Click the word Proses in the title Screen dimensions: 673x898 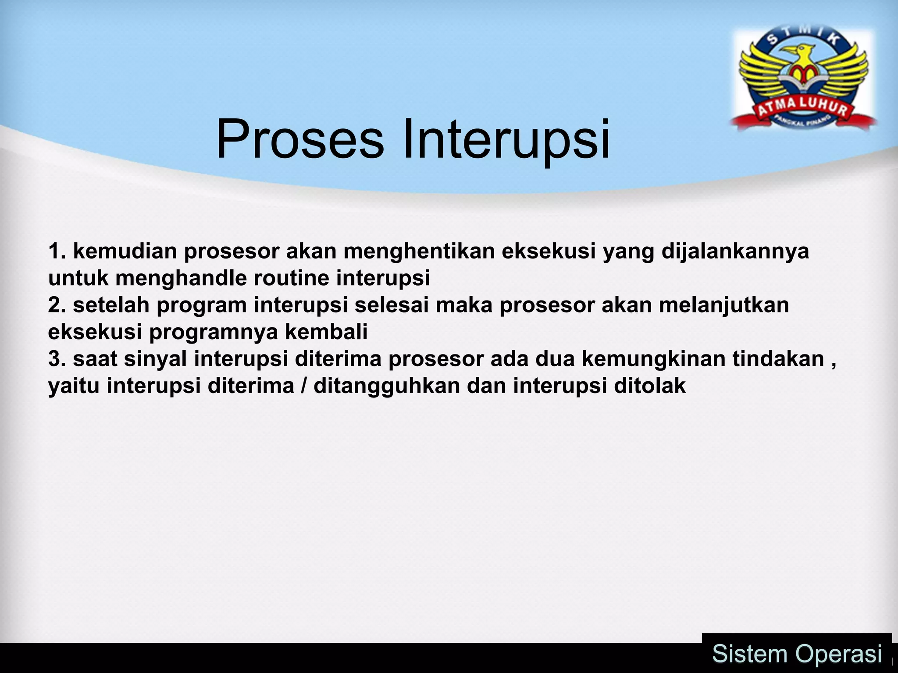[x=299, y=140]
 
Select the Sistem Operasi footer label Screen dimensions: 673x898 [x=797, y=654]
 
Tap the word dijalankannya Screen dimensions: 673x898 [x=735, y=251]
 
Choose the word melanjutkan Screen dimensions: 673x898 [x=723, y=305]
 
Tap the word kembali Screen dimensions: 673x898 [x=326, y=332]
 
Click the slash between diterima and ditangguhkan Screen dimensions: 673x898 [x=304, y=386]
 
